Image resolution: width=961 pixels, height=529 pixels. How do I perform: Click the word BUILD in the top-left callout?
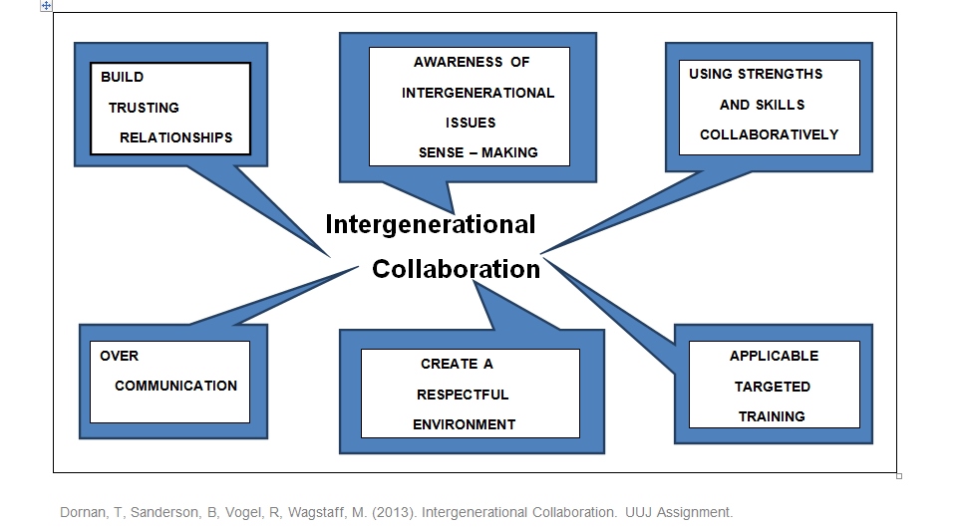click(x=122, y=77)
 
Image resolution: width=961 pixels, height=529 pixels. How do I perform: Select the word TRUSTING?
click(x=144, y=107)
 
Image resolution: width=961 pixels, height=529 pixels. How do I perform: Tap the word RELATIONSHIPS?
click(x=175, y=137)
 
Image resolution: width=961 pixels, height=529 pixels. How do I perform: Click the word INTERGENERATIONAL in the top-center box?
click(x=478, y=93)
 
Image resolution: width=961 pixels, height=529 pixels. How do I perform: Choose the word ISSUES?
click(x=470, y=123)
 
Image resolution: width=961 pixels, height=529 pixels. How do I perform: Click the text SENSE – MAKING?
click(x=479, y=152)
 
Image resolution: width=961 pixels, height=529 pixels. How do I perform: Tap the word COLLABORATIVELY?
click(x=769, y=134)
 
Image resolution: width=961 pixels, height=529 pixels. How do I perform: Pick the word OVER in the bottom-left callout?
click(x=119, y=356)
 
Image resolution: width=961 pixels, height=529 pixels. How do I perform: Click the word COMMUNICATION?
click(x=175, y=386)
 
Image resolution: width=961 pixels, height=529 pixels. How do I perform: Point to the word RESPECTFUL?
click(x=463, y=395)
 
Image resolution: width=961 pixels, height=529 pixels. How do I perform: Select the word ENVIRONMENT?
click(x=464, y=424)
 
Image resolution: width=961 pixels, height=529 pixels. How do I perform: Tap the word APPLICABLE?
click(x=774, y=356)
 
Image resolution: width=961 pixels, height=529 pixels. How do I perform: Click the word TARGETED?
click(x=773, y=386)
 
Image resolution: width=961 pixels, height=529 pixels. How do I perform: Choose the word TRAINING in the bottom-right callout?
click(x=772, y=416)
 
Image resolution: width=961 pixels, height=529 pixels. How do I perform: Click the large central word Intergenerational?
click(x=430, y=223)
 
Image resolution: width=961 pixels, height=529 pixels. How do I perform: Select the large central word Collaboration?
click(x=456, y=269)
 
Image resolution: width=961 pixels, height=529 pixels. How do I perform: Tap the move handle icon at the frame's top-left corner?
click(x=46, y=5)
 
